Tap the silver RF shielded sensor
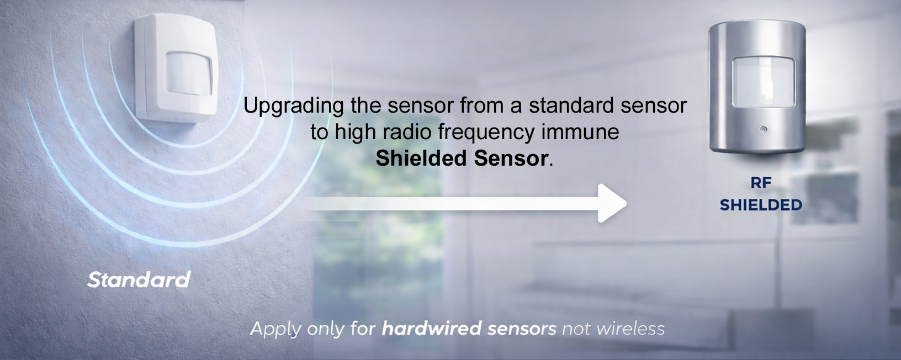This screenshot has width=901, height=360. (757, 88)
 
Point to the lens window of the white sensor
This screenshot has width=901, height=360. (189, 72)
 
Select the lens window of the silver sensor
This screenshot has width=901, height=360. (763, 83)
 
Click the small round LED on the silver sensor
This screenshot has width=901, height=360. (763, 130)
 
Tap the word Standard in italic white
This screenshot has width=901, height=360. (139, 280)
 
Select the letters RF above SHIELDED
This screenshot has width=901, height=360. (761, 183)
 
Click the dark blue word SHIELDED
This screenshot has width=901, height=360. (761, 205)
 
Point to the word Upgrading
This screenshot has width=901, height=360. (294, 106)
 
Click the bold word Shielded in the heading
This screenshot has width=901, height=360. (422, 158)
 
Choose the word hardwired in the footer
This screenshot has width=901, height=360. (432, 329)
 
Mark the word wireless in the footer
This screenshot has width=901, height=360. (631, 329)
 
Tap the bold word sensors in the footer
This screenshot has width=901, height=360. (522, 329)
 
